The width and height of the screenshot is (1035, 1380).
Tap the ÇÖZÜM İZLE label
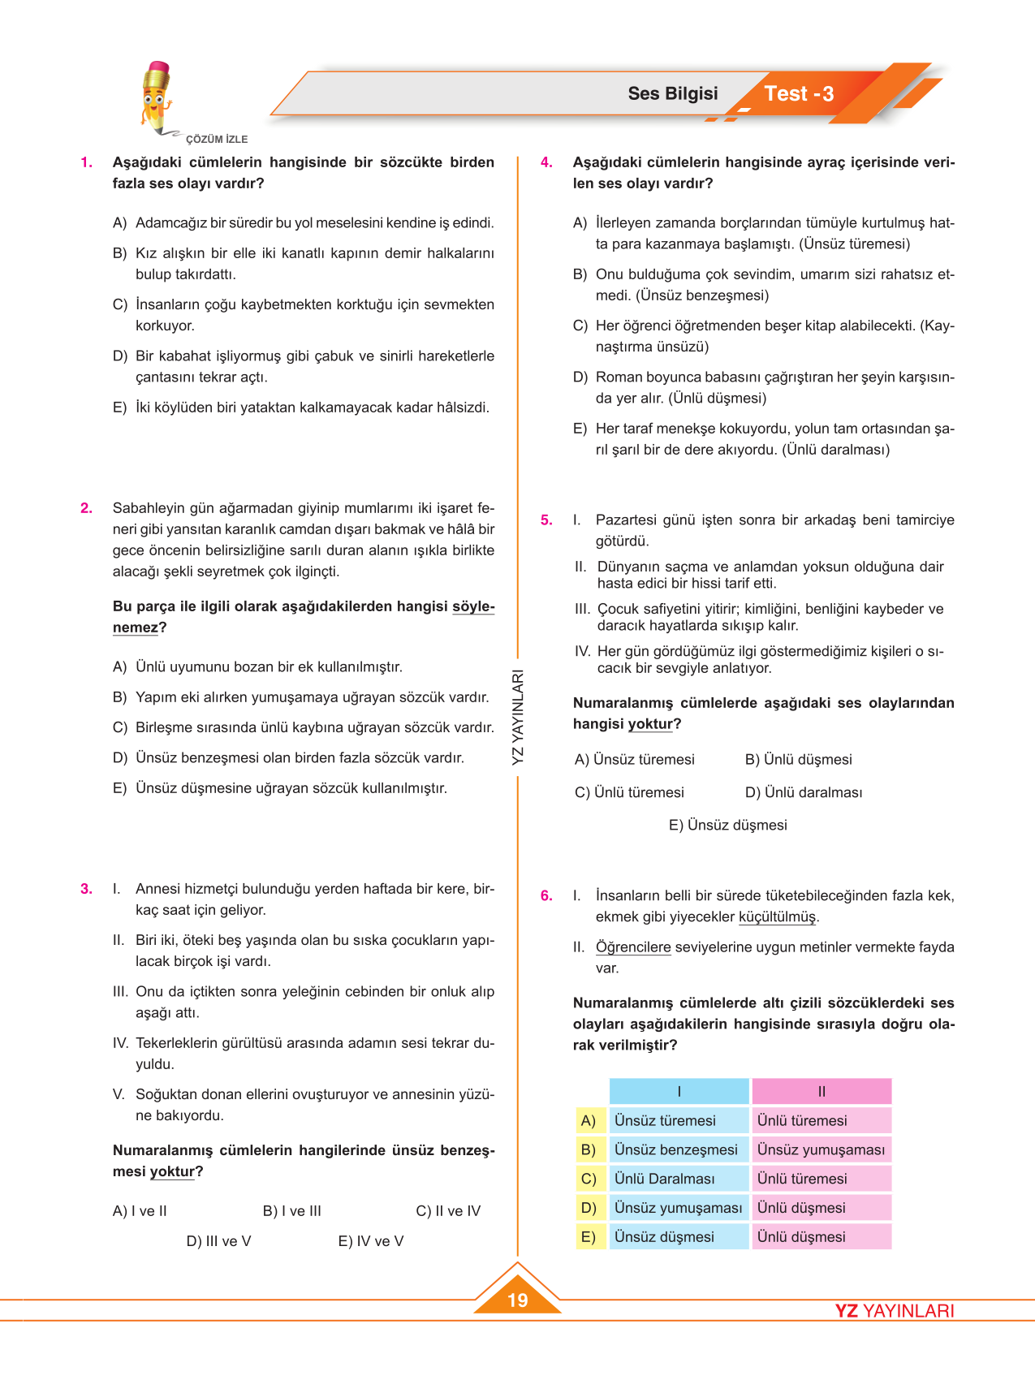point(217,140)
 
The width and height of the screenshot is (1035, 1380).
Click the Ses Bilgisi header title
point(672,93)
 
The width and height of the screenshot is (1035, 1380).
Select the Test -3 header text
point(799,94)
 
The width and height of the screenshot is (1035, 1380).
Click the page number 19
point(517,1300)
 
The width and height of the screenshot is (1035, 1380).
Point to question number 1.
point(86,162)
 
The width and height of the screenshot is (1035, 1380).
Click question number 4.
point(546,162)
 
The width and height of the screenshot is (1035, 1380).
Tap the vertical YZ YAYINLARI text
point(518,717)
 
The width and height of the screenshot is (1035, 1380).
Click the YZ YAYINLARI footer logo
point(895,1311)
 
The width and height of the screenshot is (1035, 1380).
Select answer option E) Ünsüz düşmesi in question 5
point(727,825)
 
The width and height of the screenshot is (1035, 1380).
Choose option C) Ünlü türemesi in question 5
point(629,792)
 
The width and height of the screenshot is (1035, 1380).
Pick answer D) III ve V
point(218,1241)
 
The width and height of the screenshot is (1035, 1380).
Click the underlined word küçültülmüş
point(778,917)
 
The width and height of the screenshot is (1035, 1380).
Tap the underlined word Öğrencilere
point(633,947)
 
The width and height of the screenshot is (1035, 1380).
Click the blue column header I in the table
point(679,1092)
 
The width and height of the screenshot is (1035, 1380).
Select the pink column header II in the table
point(822,1092)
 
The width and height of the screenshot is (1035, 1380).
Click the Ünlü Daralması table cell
point(665,1179)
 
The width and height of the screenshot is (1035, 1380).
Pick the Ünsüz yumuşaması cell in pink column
point(821,1149)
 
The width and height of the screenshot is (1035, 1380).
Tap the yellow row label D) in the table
point(589,1208)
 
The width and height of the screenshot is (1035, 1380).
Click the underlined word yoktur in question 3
point(172,1172)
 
